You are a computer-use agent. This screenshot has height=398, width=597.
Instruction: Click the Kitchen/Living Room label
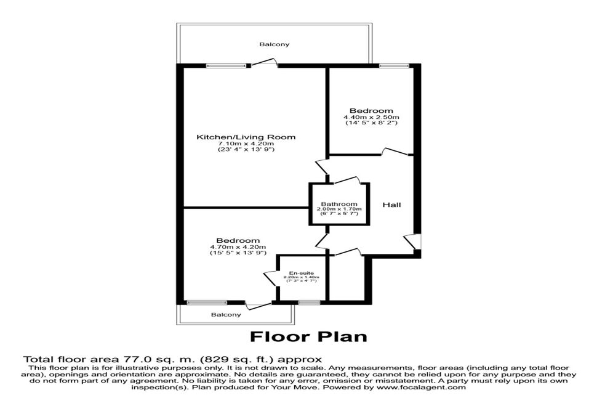click(x=246, y=137)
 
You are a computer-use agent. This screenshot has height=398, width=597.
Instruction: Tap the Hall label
click(x=391, y=205)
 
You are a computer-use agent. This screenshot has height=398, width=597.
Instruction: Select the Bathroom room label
click(x=339, y=204)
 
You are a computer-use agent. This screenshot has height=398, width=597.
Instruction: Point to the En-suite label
click(x=301, y=273)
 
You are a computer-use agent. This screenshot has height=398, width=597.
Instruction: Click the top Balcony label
click(x=274, y=44)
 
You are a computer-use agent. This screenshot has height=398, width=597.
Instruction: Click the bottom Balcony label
click(x=226, y=314)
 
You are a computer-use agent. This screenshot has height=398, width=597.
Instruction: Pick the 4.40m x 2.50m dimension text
click(x=371, y=117)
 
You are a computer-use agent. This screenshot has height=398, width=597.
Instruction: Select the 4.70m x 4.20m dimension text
click(x=238, y=246)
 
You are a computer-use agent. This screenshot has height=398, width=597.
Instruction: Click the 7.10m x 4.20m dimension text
click(x=246, y=144)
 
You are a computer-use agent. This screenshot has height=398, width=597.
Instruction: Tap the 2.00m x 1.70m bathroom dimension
click(x=339, y=209)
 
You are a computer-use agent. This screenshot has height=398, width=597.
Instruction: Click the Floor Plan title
click(x=308, y=336)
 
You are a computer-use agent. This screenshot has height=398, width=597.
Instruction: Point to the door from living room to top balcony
click(x=264, y=62)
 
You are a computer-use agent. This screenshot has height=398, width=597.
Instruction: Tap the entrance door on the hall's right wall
click(x=412, y=242)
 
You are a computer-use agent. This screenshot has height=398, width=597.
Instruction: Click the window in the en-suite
click(x=309, y=303)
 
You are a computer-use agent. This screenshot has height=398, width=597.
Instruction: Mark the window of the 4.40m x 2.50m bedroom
click(x=394, y=66)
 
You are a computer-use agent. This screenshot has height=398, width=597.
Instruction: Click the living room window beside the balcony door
click(x=226, y=66)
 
